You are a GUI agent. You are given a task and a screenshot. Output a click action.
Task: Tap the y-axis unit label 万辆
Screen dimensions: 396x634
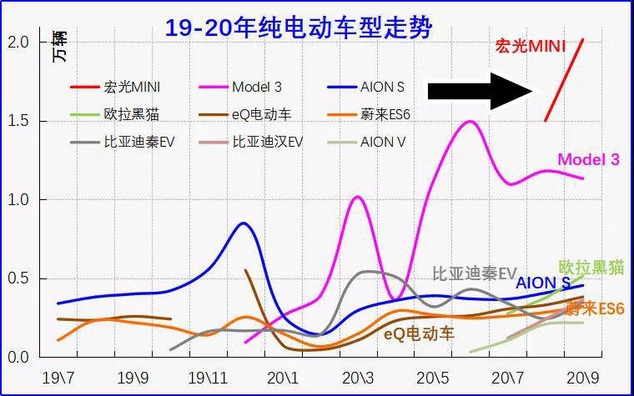(58, 45)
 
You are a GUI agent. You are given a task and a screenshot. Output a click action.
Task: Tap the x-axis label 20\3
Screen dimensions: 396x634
(358, 378)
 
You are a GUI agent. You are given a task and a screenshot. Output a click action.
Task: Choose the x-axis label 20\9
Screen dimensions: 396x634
(583, 378)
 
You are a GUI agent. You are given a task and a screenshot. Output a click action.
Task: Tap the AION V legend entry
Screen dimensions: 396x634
(383, 142)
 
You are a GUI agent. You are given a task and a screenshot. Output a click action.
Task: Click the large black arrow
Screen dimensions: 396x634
(480, 90)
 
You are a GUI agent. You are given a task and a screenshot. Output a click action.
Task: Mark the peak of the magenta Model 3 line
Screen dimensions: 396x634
(470, 122)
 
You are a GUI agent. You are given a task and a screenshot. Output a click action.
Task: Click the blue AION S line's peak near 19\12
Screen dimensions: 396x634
(243, 223)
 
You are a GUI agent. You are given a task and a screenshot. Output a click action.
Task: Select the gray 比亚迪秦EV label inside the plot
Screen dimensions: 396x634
(475, 273)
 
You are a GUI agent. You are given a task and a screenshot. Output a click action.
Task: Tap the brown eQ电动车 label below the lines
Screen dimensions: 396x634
(419, 333)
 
